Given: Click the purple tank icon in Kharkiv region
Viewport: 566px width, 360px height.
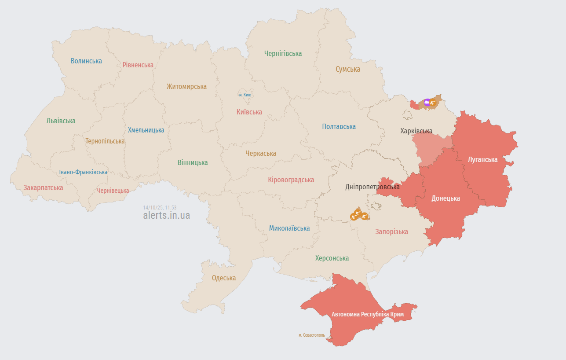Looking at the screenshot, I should coord(427,103).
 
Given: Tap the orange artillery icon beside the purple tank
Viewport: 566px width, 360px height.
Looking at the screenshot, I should coord(433,103).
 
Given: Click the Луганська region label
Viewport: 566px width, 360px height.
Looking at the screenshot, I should coord(482,159).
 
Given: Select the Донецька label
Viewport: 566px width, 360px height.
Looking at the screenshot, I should coord(445,198).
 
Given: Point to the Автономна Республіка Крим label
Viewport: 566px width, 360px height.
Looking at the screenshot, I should coord(367,314).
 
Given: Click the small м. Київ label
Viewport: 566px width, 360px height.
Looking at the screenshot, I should coord(245,95).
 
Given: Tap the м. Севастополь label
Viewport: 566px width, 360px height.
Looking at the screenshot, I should coord(311,335).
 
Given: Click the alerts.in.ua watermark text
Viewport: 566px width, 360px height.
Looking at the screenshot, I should coord(166,216).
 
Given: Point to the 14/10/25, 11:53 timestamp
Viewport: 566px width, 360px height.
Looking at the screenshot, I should coord(160,207).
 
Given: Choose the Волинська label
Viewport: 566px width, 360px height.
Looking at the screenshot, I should coord(86,61).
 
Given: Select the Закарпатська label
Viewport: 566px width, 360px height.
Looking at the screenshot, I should coord(43,187).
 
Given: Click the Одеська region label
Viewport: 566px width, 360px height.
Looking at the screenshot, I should coord(223,278).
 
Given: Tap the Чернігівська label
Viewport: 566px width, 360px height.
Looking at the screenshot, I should coord(283,53).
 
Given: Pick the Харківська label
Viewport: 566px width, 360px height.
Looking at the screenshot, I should coord(416,131).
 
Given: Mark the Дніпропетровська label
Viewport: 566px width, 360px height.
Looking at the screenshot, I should coord(372,187).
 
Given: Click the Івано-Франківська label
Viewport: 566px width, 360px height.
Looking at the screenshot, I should coord(83,172).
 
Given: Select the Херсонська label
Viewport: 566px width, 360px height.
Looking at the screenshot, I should coord(332,258).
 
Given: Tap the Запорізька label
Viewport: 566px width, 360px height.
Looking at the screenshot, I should coord(391,231).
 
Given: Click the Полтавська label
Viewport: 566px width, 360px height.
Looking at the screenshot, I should coord(339,126).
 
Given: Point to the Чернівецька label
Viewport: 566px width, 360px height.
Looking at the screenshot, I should coord(113,191).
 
